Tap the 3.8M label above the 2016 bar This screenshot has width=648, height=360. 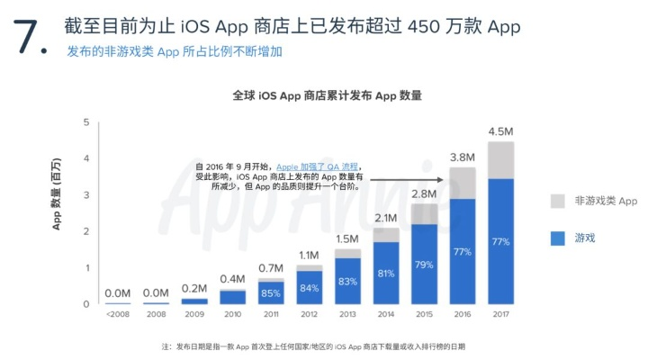point(462,157)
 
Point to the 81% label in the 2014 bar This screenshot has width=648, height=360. point(385,274)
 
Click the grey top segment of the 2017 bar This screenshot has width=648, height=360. point(500,159)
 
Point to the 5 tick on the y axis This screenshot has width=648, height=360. point(85,122)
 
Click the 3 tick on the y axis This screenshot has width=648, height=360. point(85,195)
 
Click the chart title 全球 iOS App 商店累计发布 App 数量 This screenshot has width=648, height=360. point(327,95)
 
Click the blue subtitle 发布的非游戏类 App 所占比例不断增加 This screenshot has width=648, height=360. point(175,51)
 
